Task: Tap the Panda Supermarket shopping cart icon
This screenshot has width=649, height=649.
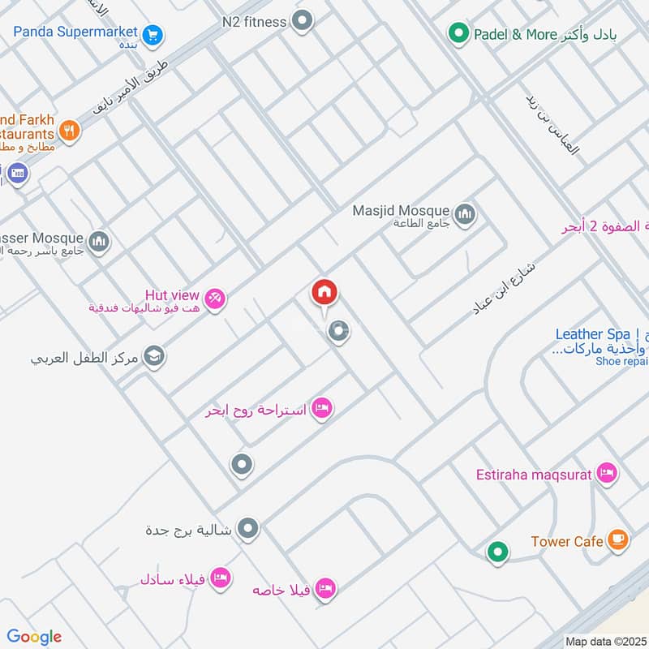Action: [x=152, y=36]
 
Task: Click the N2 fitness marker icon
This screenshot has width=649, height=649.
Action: [x=303, y=21]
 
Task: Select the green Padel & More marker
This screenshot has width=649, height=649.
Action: [x=459, y=34]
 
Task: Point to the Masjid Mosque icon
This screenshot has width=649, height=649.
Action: [x=465, y=214]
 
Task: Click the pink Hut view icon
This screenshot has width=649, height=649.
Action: [x=215, y=299]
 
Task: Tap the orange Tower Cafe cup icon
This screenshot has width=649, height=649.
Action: [x=618, y=539]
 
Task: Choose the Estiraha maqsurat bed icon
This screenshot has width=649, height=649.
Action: [x=606, y=472]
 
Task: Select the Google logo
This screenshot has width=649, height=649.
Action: [x=35, y=637]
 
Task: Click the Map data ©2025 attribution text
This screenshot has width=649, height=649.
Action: [x=606, y=642]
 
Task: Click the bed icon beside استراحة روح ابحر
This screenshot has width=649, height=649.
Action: [x=322, y=408]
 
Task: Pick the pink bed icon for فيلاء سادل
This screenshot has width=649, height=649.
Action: [x=219, y=578]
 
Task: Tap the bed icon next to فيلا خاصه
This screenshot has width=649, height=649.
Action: [x=325, y=588]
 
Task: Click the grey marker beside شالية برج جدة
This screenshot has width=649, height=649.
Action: [x=249, y=529]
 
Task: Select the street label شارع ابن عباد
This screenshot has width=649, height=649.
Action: [x=504, y=288]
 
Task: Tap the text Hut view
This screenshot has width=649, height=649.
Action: [x=172, y=294]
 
